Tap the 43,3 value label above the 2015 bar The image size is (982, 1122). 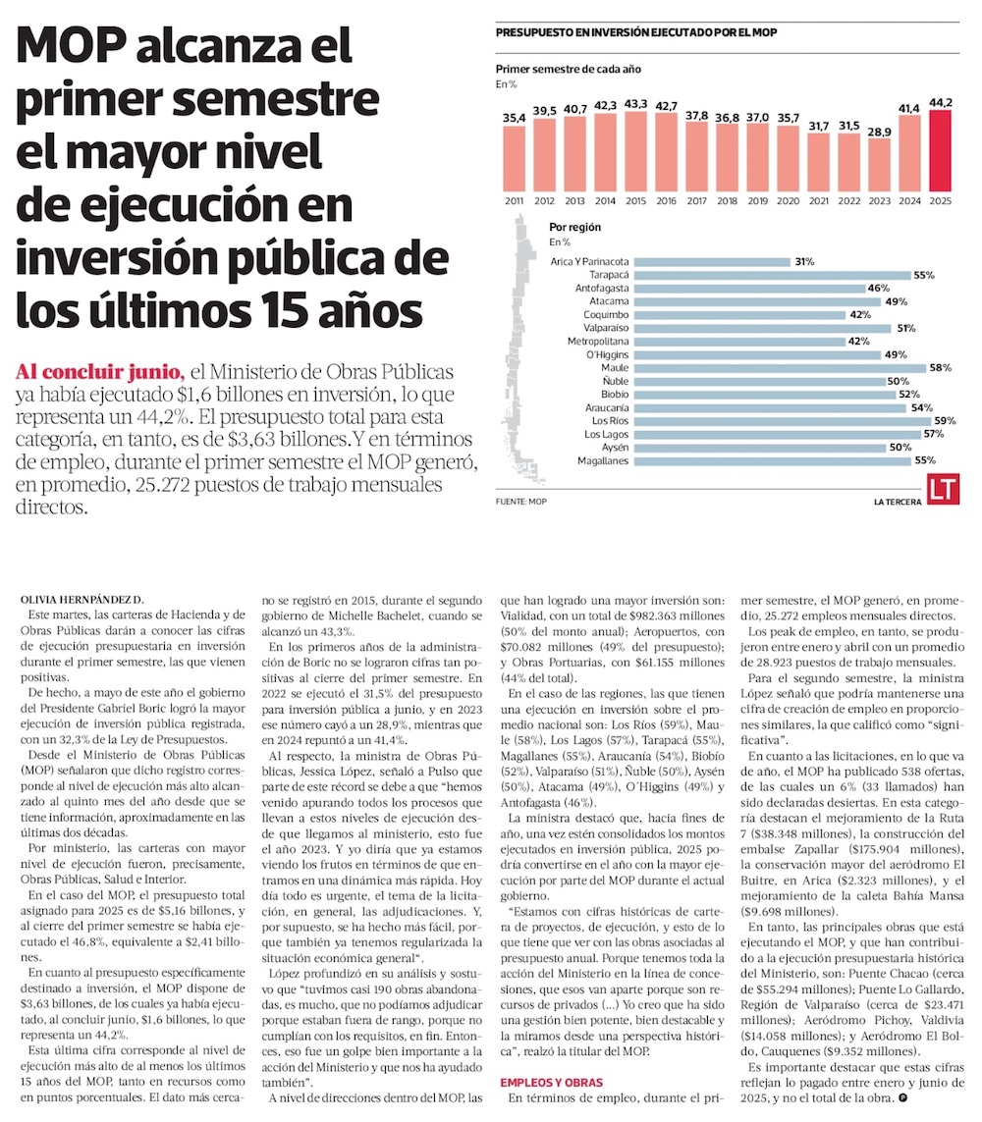(x=635, y=104)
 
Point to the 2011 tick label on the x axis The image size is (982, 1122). (x=514, y=200)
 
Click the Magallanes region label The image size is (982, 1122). (x=602, y=459)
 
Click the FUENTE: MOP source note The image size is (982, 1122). (x=520, y=501)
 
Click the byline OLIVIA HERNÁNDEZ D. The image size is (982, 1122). (x=82, y=599)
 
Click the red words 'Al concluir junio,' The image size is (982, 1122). (x=99, y=372)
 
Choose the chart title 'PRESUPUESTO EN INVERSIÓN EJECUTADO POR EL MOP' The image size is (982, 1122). (x=636, y=32)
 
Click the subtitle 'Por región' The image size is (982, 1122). (x=575, y=228)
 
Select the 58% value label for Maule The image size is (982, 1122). (x=940, y=367)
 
